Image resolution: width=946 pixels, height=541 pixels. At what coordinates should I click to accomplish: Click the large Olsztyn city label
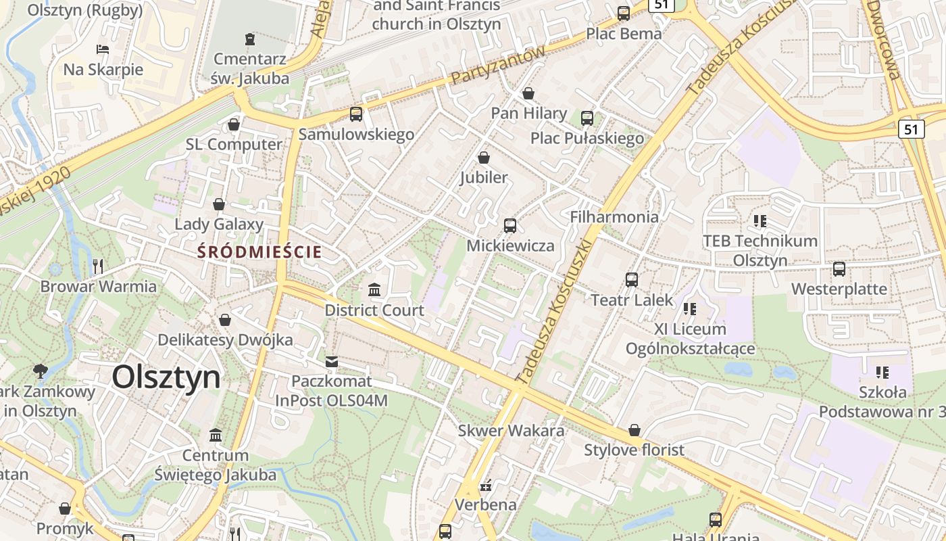pos(166,377)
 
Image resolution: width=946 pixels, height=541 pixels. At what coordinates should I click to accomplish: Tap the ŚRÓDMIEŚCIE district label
pos(259,252)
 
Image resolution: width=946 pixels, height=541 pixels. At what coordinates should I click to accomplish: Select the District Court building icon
pos(374,291)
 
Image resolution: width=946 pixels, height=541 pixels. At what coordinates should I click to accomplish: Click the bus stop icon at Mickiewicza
pos(510,226)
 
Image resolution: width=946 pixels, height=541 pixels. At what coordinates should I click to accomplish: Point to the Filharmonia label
pos(614,217)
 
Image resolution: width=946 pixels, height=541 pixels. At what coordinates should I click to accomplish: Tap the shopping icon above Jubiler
pos(484,158)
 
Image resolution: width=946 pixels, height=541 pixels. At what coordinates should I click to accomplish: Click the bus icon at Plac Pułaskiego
pos(587,118)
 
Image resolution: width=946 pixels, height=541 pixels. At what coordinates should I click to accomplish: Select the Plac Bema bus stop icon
pos(624,14)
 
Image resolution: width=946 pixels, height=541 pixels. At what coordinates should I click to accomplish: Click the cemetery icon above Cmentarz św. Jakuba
pos(250,39)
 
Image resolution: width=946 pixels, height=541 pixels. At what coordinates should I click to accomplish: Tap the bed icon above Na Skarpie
pos(103,49)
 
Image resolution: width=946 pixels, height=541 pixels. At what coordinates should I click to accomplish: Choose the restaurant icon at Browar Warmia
pos(98,266)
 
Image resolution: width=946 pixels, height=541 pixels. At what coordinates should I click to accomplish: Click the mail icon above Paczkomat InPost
pos(331,362)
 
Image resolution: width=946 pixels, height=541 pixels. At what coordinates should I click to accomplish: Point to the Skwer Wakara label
pos(511,431)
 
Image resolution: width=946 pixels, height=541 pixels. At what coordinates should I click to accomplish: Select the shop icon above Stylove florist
pos(634,430)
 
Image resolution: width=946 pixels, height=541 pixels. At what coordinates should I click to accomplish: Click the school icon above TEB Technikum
pos(760,221)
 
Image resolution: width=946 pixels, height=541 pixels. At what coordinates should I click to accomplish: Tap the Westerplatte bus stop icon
pos(839,269)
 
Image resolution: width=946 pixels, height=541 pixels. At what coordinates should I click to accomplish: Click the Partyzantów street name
pos(498,66)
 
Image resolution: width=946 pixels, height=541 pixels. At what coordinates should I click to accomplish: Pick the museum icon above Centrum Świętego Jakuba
pos(216,435)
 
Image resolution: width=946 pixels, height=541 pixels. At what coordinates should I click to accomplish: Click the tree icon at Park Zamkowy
pos(41,371)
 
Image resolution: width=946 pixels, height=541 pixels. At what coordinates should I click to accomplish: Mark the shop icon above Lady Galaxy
pos(219,204)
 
